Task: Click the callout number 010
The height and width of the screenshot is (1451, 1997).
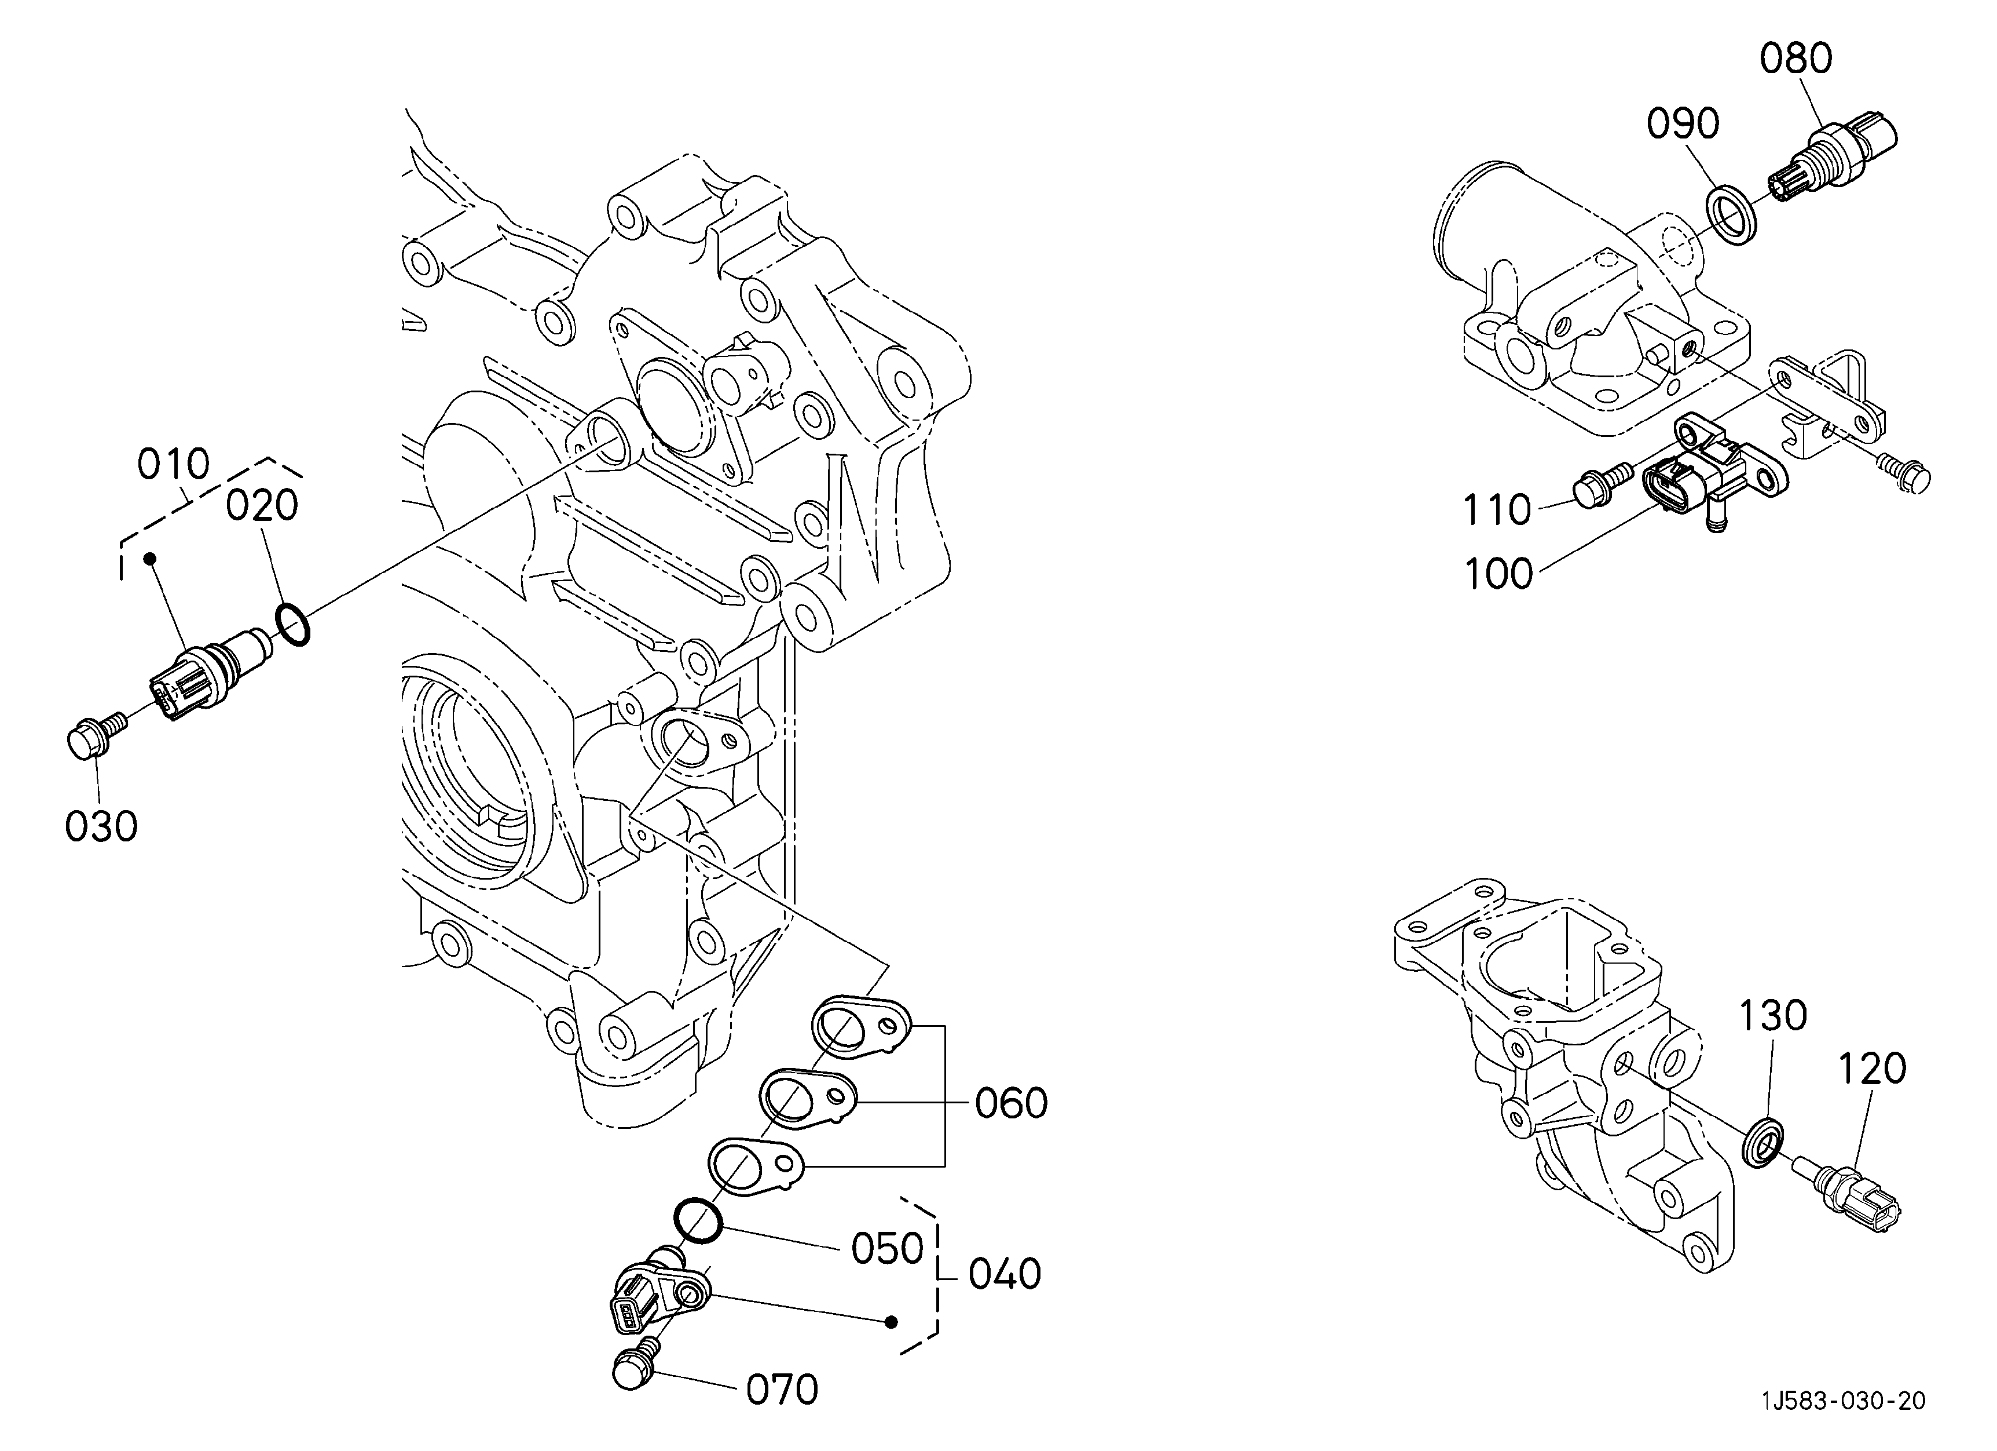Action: pyautogui.click(x=174, y=464)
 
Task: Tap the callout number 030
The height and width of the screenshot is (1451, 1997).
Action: pyautogui.click(x=101, y=826)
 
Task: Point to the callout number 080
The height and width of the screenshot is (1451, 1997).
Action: pyautogui.click(x=1796, y=59)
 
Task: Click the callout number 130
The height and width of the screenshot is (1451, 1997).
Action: pyautogui.click(x=1772, y=1016)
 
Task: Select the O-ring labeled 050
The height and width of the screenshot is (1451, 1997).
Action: pyautogui.click(x=698, y=1221)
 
